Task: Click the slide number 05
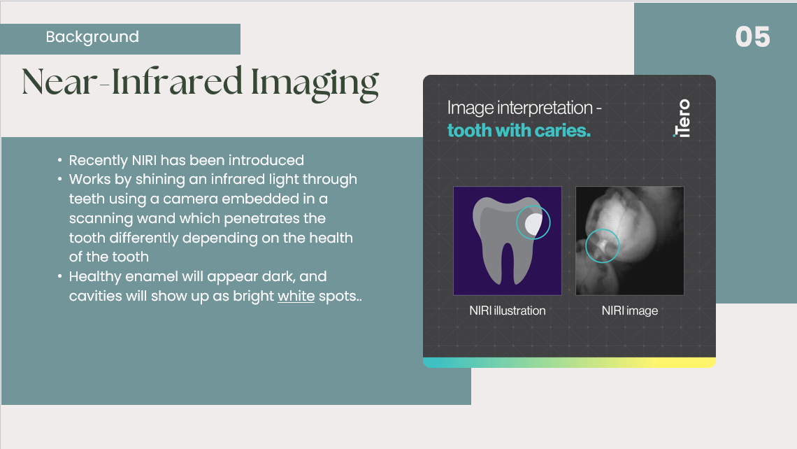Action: pos(752,37)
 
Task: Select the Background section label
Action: pos(92,36)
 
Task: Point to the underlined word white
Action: pos(296,296)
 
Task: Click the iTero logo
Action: pos(682,118)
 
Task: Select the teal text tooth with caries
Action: pos(519,131)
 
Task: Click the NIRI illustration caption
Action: pos(508,311)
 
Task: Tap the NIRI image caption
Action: pos(630,311)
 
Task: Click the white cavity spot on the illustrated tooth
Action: pos(533,224)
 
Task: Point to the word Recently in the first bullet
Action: pos(99,161)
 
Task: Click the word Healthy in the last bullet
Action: pos(95,277)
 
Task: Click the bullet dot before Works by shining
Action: pos(59,179)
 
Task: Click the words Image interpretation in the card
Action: pos(520,108)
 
